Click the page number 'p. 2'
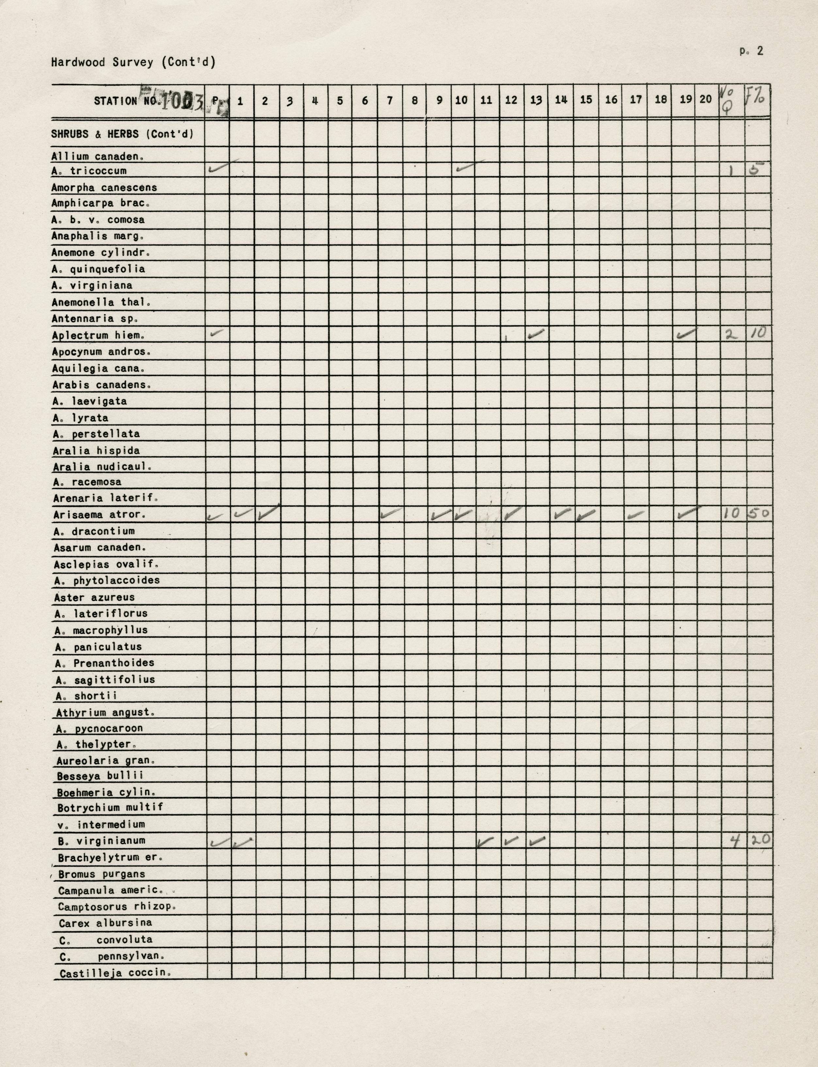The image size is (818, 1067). point(751,51)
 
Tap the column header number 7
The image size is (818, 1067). point(389,101)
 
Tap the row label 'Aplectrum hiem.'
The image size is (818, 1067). point(98,336)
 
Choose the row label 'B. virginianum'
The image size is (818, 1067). point(101,840)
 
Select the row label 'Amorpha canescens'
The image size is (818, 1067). point(104,188)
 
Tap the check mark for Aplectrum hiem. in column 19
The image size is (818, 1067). point(687,334)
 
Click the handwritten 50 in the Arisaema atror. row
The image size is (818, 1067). point(758,512)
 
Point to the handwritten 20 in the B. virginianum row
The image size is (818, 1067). point(759,839)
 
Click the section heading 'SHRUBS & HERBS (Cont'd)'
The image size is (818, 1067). point(122,134)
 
